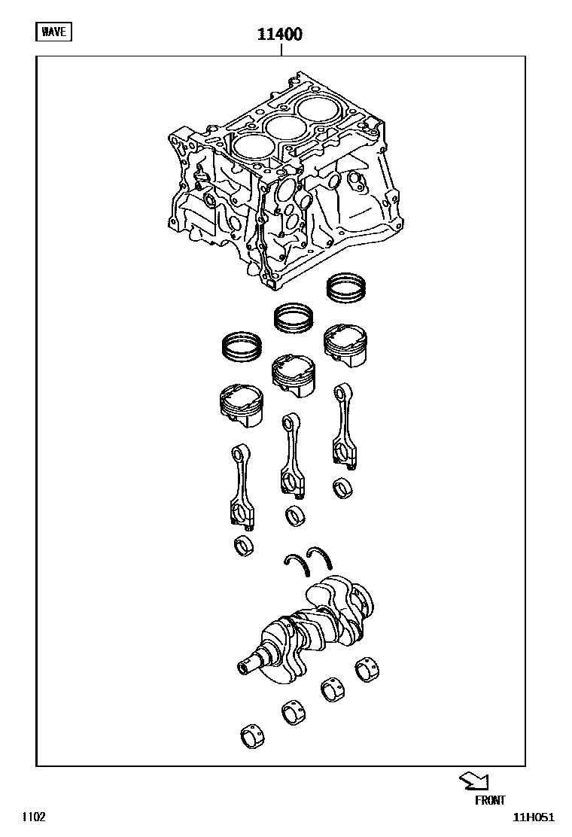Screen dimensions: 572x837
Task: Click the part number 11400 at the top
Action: click(x=280, y=34)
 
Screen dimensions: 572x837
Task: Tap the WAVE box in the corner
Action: click(x=54, y=32)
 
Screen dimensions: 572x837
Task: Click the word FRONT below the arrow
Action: click(x=490, y=799)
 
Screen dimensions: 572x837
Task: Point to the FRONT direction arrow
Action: click(x=474, y=781)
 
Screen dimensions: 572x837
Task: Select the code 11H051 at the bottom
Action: click(x=534, y=817)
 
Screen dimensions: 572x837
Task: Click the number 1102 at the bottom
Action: click(x=34, y=817)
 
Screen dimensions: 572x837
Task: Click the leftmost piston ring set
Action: click(x=242, y=346)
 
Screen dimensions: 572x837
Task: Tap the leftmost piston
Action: click(x=242, y=406)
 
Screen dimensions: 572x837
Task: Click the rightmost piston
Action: click(x=345, y=345)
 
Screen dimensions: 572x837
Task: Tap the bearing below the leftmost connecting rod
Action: click(x=244, y=546)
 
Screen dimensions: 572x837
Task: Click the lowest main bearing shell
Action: click(x=252, y=737)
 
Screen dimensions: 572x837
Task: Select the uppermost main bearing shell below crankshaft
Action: click(x=367, y=669)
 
